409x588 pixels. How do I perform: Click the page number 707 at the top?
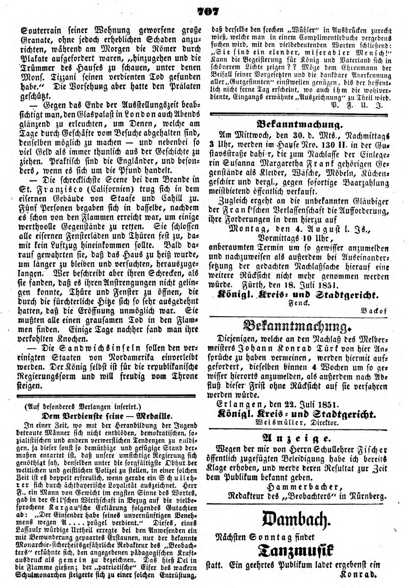coord(208,11)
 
